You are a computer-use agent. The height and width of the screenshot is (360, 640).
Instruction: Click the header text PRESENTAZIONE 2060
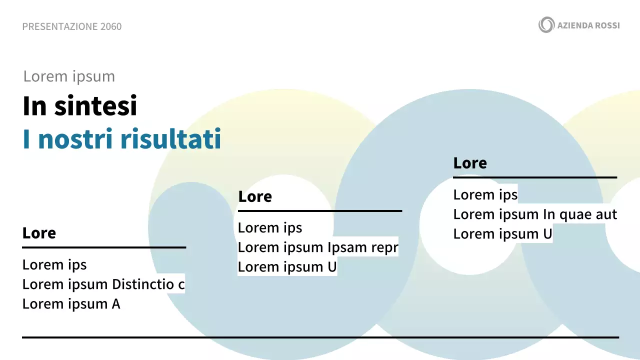pyautogui.click(x=71, y=26)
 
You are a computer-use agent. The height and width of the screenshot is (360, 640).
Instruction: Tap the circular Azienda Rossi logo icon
pyautogui.click(x=546, y=24)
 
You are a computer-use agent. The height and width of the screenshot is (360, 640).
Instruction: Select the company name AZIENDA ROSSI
pyautogui.click(x=588, y=25)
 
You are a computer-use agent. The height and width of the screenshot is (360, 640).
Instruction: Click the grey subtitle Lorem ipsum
pyautogui.click(x=69, y=76)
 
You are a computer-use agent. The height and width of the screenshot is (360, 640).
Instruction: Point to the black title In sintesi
pyautogui.click(x=80, y=106)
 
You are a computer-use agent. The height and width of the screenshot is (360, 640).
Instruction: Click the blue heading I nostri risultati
pyautogui.click(x=122, y=139)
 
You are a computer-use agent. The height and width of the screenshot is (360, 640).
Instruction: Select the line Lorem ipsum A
pyautogui.click(x=71, y=304)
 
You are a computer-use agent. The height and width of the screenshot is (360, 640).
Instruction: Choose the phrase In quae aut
pyautogui.click(x=580, y=214)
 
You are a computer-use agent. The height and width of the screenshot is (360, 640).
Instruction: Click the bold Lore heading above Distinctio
pyautogui.click(x=39, y=233)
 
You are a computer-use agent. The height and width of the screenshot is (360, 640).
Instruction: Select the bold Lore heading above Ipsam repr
pyautogui.click(x=255, y=196)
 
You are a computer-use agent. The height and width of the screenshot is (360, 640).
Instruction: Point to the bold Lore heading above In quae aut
pyautogui.click(x=470, y=163)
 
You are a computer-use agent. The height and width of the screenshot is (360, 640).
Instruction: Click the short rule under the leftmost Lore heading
pyautogui.click(x=104, y=247)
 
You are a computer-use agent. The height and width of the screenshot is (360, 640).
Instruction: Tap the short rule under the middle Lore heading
pyautogui.click(x=320, y=211)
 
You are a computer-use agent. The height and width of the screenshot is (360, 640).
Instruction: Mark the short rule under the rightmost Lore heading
pyautogui.click(x=535, y=177)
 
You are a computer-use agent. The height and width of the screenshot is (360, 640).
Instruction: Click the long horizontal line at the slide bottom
pyautogui.click(x=320, y=337)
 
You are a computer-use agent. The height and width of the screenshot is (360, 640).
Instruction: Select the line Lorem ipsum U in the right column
pyautogui.click(x=503, y=234)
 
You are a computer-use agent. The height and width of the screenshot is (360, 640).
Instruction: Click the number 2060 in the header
pyautogui.click(x=110, y=26)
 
